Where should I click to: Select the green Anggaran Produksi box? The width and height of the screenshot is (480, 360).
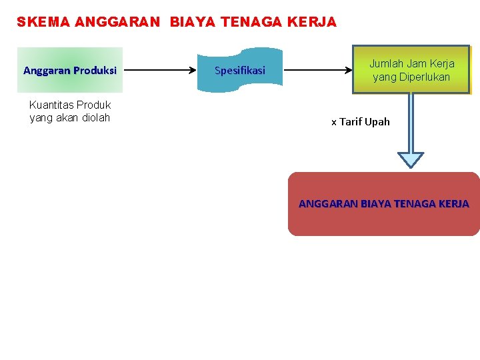[70, 69]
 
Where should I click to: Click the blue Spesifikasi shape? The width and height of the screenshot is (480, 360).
[240, 69]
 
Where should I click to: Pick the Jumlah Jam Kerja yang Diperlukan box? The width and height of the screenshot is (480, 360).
[412, 69]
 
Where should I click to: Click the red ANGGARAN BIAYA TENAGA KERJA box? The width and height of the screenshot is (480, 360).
[383, 204]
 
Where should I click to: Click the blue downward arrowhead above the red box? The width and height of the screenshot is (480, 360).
[411, 159]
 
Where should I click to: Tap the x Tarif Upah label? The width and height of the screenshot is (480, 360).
[361, 121]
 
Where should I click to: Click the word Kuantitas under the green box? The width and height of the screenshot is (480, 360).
[51, 105]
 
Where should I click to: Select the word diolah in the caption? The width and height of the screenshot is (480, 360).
[96, 118]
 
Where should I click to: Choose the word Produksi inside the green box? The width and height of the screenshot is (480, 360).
[95, 70]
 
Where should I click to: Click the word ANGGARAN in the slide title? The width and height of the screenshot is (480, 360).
[117, 22]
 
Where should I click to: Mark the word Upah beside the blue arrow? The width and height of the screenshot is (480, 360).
[377, 121]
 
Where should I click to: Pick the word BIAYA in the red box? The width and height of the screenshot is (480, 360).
[376, 203]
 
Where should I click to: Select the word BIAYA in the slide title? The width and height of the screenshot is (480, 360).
[189, 22]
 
